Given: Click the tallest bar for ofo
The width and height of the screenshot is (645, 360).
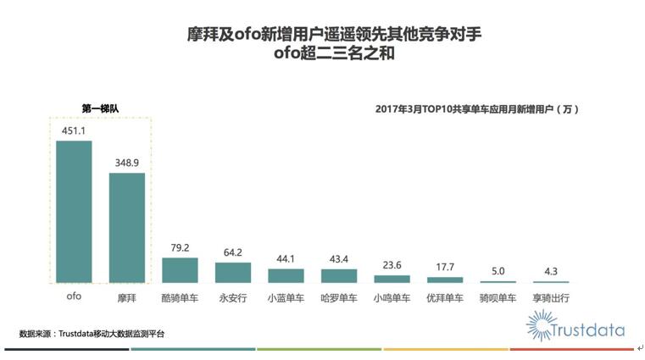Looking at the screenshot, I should click(x=74, y=211).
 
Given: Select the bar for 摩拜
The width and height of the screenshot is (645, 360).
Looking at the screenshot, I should click(x=127, y=227).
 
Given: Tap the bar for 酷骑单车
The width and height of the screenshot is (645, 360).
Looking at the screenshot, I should click(x=180, y=269).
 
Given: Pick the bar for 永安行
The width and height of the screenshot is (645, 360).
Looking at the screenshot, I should click(x=233, y=272).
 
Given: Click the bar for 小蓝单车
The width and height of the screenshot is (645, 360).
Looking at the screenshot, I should click(x=286, y=275).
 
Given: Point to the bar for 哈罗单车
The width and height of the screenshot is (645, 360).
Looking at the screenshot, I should click(x=339, y=275).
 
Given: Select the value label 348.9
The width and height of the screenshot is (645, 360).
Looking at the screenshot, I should click(x=127, y=163).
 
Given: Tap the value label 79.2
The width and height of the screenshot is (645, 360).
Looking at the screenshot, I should click(x=180, y=248).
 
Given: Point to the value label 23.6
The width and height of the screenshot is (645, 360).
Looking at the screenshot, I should click(x=392, y=265).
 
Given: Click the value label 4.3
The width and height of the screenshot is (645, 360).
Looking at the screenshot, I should click(x=551, y=271).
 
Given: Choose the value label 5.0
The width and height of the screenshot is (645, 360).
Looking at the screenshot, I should click(x=498, y=271).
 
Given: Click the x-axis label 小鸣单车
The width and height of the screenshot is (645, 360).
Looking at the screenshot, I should click(x=392, y=298).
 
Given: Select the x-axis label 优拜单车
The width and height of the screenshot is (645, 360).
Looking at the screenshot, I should click(x=445, y=298).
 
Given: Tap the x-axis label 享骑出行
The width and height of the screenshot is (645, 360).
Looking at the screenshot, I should click(x=551, y=298).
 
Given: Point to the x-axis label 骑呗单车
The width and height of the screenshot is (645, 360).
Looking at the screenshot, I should click(x=498, y=298).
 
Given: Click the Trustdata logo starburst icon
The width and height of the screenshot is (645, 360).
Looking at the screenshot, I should click(x=540, y=325).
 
